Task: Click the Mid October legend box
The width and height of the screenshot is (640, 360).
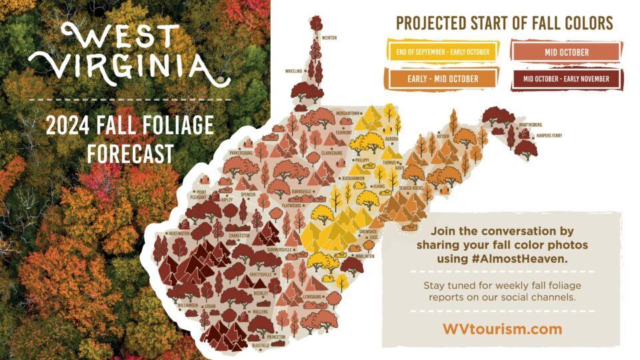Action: (567, 52)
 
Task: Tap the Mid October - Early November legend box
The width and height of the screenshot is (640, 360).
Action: (567, 79)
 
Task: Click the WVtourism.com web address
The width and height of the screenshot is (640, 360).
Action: (502, 329)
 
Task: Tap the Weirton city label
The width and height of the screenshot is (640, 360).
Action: (329, 39)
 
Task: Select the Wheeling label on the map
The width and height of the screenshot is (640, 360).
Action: (295, 70)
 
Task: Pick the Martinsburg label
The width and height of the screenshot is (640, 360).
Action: (531, 125)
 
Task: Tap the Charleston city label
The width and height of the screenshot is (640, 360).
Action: (239, 235)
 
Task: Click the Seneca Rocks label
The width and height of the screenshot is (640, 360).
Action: (411, 188)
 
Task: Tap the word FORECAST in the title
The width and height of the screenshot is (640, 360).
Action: (129, 153)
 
